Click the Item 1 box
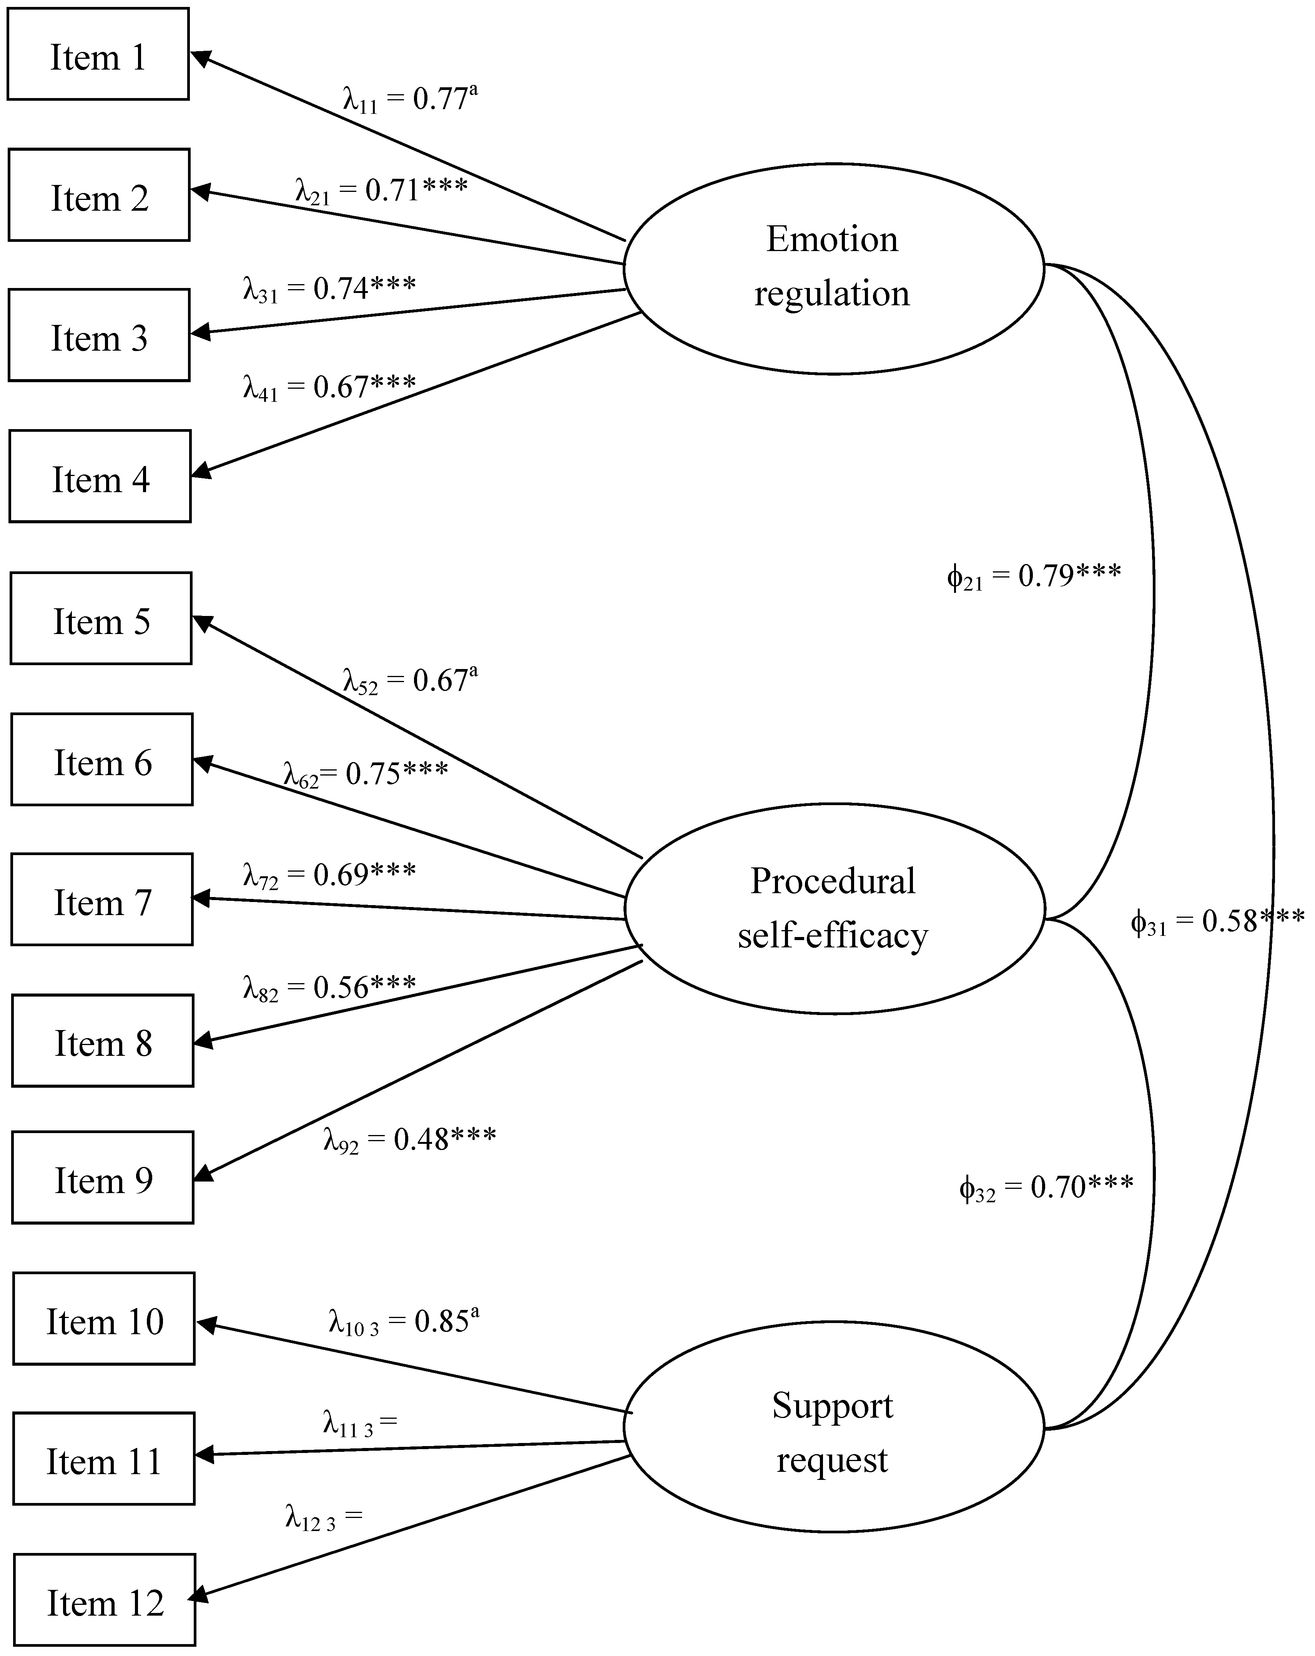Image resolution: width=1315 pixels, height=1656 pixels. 98,54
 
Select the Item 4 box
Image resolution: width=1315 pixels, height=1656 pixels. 100,476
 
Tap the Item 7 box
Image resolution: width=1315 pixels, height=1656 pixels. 101,899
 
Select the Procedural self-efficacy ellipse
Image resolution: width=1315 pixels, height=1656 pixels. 833,909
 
